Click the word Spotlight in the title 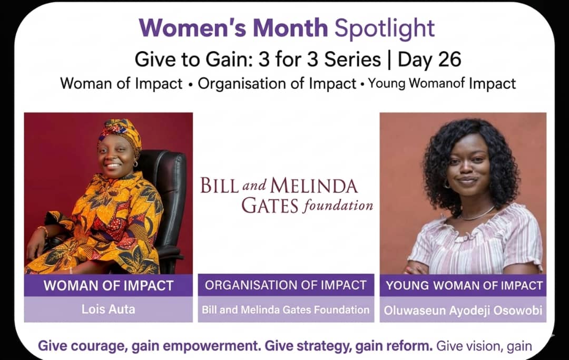(x=384, y=28)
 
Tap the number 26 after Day (x=449, y=60)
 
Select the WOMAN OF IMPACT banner (x=108, y=285)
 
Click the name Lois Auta (x=108, y=309)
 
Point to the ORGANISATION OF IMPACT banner (x=286, y=285)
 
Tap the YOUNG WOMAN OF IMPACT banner (x=464, y=285)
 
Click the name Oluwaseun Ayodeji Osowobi (x=463, y=310)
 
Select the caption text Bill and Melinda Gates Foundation (x=286, y=309)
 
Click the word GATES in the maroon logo (x=270, y=206)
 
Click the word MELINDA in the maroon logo (x=313, y=186)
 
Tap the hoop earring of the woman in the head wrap (x=135, y=164)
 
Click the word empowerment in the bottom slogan (x=212, y=346)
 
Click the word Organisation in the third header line (x=246, y=84)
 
